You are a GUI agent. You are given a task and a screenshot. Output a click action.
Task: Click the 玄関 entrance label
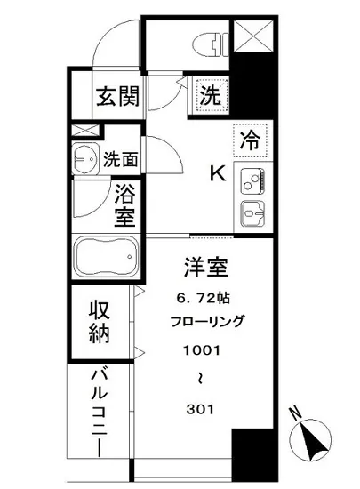[117, 95]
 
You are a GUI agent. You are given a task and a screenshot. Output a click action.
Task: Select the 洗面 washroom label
[120, 160]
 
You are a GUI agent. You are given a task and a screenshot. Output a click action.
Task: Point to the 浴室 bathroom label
[124, 204]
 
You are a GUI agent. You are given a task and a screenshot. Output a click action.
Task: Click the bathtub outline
[105, 258]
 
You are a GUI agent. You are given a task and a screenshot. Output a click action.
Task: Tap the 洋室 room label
[202, 267]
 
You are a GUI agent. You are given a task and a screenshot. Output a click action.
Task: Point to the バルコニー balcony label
[97, 414]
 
